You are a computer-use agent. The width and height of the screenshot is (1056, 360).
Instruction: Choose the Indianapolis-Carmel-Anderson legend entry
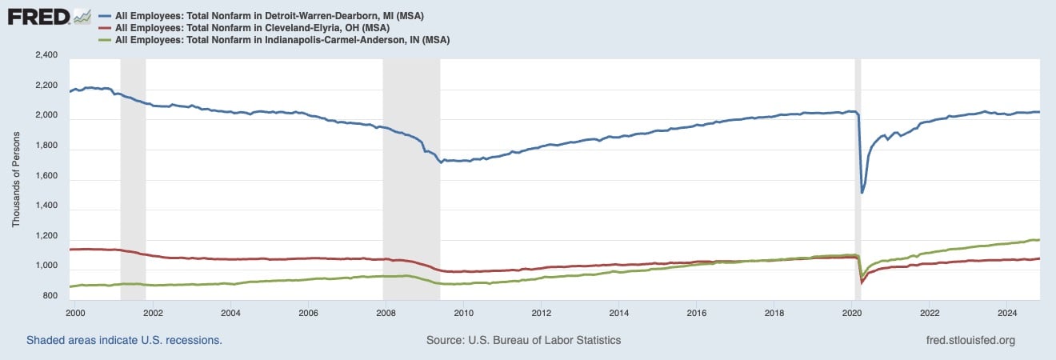[282, 40]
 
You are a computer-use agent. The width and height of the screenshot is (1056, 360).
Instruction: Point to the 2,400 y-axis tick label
[46, 55]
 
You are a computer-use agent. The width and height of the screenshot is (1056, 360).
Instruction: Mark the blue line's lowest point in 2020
[862, 192]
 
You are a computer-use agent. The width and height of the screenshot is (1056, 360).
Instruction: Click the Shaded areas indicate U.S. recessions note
[124, 340]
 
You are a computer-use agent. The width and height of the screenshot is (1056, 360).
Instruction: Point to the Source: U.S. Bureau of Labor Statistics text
[524, 340]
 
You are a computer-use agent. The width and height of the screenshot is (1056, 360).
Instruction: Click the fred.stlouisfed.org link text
[970, 340]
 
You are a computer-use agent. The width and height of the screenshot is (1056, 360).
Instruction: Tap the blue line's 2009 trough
[440, 162]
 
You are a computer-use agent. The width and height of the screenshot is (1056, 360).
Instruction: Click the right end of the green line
[1038, 240]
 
